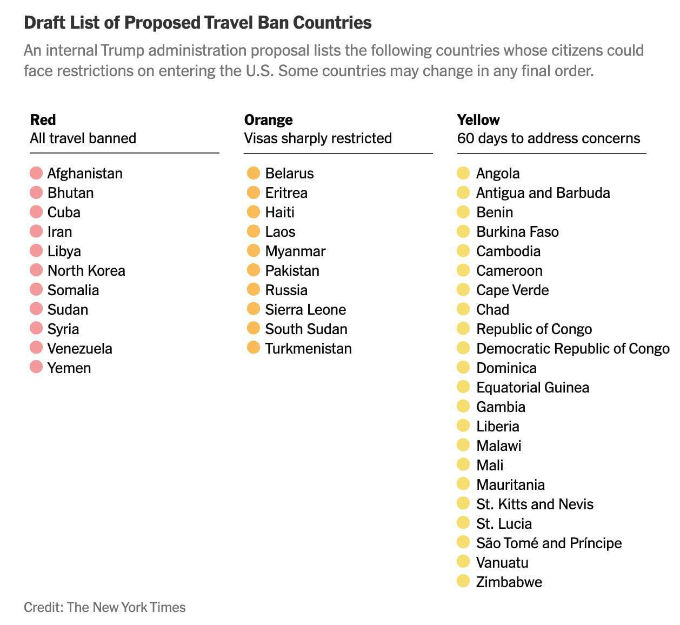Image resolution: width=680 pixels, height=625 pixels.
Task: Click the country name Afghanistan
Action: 85,174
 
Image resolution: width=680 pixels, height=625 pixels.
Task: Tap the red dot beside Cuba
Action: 36,212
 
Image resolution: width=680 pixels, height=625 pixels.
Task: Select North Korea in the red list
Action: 86,271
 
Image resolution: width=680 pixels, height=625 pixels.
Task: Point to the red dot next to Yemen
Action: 36,368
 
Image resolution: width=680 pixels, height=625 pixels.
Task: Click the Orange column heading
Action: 268,120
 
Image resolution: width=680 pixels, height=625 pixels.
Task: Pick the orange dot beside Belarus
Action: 254,173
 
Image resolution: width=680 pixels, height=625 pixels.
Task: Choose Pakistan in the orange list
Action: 292,271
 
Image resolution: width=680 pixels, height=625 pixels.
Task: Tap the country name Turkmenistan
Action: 308,349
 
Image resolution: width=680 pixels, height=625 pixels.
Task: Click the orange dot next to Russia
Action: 254,290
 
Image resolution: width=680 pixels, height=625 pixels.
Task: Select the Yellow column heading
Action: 478,120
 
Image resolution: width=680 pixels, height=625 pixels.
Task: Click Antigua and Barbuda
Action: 543,193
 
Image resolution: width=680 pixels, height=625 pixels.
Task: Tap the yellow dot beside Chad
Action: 463,309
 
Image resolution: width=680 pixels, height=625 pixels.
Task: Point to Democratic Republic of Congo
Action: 572,349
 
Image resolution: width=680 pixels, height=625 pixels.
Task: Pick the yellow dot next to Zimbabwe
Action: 463,582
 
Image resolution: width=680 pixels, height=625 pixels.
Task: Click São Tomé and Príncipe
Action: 549,543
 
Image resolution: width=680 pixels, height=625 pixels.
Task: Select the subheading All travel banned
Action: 83,138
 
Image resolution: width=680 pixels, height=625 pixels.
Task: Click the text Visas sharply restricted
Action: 318,138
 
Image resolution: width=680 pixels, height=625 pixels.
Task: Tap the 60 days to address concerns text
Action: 548,138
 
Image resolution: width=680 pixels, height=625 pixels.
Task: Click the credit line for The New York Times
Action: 104,607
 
